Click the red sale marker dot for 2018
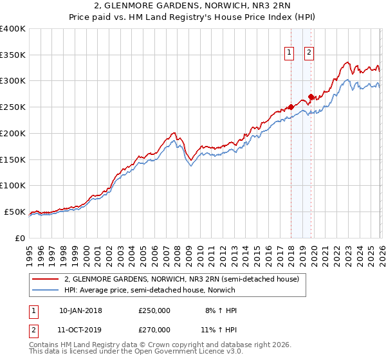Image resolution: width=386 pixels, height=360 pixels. pyautogui.click(x=291, y=107)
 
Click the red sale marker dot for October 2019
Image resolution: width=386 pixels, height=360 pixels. pyautogui.click(x=311, y=97)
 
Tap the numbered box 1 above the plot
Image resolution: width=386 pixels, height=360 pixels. pyautogui.click(x=289, y=53)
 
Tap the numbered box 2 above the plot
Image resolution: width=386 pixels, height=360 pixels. pyautogui.click(x=309, y=53)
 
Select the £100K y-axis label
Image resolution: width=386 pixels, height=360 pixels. pyautogui.click(x=13, y=185)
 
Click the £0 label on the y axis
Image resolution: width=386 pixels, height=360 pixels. pyautogui.click(x=21, y=237)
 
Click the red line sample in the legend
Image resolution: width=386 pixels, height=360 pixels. pyautogui.click(x=46, y=280)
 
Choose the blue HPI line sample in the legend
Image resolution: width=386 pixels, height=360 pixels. pyautogui.click(x=46, y=290)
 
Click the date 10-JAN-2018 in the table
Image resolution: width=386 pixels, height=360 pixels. pyautogui.click(x=80, y=310)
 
